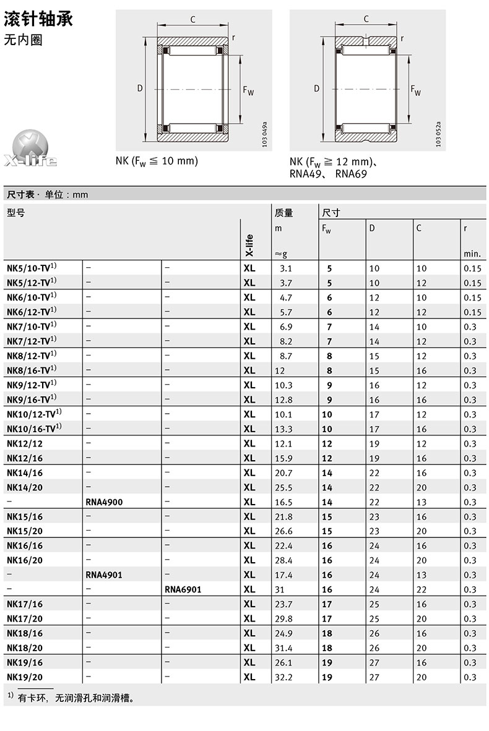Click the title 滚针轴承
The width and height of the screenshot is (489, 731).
pyautogui.click(x=38, y=19)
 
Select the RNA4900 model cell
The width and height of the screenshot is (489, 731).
pyautogui.click(x=104, y=502)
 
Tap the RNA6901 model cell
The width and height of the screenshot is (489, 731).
pyautogui.click(x=183, y=589)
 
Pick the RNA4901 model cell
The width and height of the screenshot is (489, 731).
pyautogui.click(x=104, y=575)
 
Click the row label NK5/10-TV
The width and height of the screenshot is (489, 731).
pyautogui.click(x=32, y=268)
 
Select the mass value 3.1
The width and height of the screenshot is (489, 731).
pyautogui.click(x=285, y=268)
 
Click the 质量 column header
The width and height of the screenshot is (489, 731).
pyautogui.click(x=283, y=213)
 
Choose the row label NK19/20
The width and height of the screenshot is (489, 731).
pyautogui.click(x=25, y=677)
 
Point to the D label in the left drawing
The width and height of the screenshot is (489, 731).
pyautogui.click(x=140, y=88)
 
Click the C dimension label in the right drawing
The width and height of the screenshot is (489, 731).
pyautogui.click(x=366, y=19)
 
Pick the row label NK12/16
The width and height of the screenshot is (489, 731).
pyautogui.click(x=25, y=458)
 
